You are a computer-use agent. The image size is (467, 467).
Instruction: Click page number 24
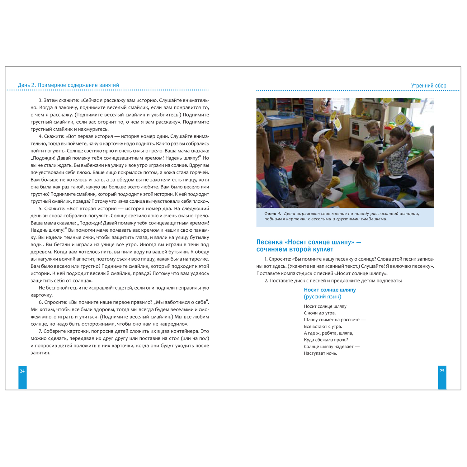point(22,371)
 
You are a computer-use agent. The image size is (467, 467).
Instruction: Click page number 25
point(442,370)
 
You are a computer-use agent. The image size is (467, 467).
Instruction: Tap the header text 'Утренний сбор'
point(428,86)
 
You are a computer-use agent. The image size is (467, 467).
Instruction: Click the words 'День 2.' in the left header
point(27,85)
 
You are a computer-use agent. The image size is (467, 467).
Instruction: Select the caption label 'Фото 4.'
point(273,214)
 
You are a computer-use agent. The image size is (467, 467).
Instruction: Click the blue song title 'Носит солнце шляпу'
point(330,290)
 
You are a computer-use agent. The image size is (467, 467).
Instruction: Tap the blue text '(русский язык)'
point(323,297)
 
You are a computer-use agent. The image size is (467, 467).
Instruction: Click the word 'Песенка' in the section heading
point(270,242)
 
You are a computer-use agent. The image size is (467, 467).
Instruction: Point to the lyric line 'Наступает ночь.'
point(320,353)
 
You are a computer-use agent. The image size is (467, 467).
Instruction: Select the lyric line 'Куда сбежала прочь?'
point(326,340)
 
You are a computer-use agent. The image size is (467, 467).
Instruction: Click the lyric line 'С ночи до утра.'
point(320,313)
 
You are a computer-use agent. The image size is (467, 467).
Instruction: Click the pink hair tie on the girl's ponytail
point(361,158)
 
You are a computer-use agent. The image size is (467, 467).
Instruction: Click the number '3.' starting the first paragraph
point(40,101)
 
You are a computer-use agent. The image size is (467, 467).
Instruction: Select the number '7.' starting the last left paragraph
point(40,331)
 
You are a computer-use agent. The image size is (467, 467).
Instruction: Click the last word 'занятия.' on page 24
point(40,353)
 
